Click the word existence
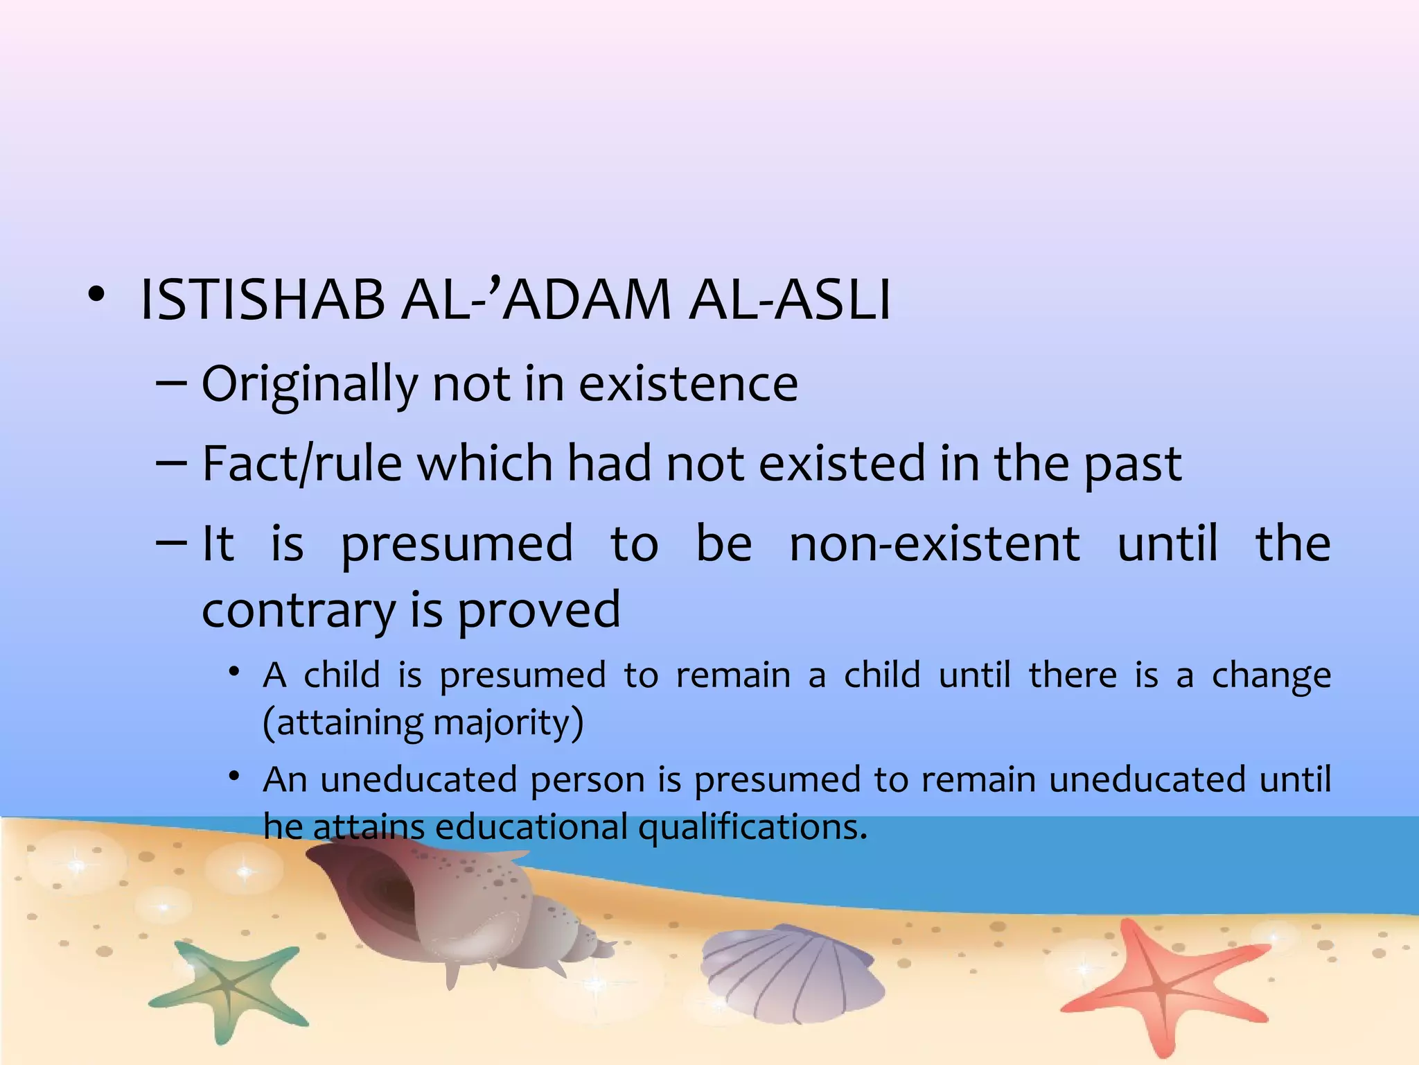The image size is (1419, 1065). click(688, 384)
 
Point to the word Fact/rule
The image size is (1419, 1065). click(301, 464)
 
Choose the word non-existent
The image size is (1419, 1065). click(934, 544)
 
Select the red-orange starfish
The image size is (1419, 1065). click(1164, 985)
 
